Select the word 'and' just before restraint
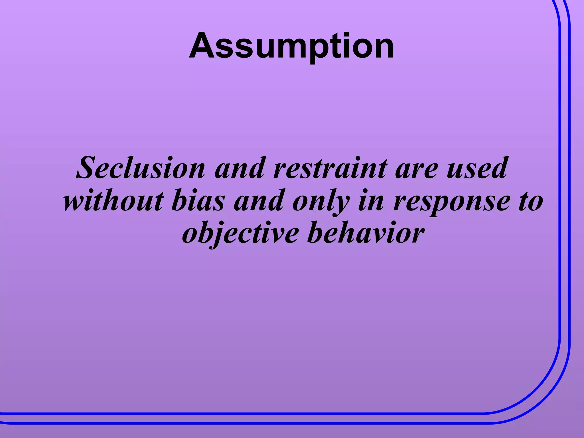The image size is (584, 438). [240, 168]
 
